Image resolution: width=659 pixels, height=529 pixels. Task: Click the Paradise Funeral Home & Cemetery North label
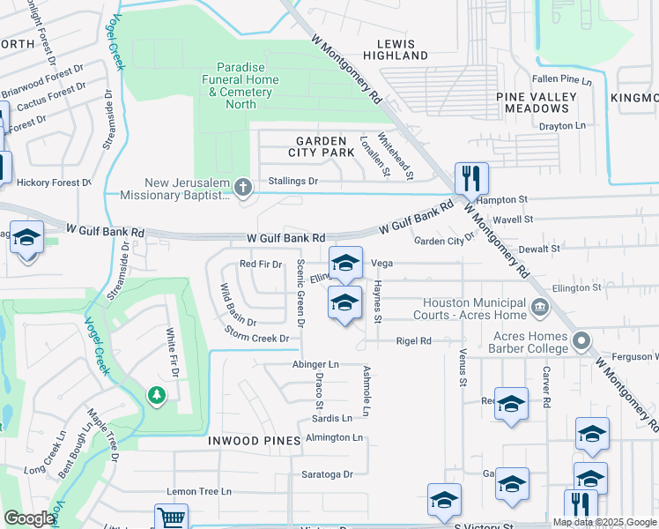[236, 86]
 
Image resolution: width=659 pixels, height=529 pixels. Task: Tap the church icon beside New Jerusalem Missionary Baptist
[243, 187]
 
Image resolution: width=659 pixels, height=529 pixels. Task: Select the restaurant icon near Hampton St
[471, 179]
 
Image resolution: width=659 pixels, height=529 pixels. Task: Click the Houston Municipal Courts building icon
[540, 308]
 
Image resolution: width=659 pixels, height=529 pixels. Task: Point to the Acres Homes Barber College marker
[581, 340]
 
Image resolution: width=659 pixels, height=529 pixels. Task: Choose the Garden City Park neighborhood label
[325, 146]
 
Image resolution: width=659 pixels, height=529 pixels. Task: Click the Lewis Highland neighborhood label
[401, 48]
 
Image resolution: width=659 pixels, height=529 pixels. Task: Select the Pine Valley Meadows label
[537, 102]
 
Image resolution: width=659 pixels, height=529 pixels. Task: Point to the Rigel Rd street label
[413, 340]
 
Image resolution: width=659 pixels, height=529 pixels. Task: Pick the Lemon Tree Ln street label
[199, 491]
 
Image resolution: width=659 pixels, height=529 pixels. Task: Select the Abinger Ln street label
[315, 364]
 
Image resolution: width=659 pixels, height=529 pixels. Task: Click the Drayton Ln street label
[562, 126]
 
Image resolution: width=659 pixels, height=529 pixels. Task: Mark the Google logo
[30, 518]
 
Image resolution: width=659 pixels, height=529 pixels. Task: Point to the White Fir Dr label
[173, 354]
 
